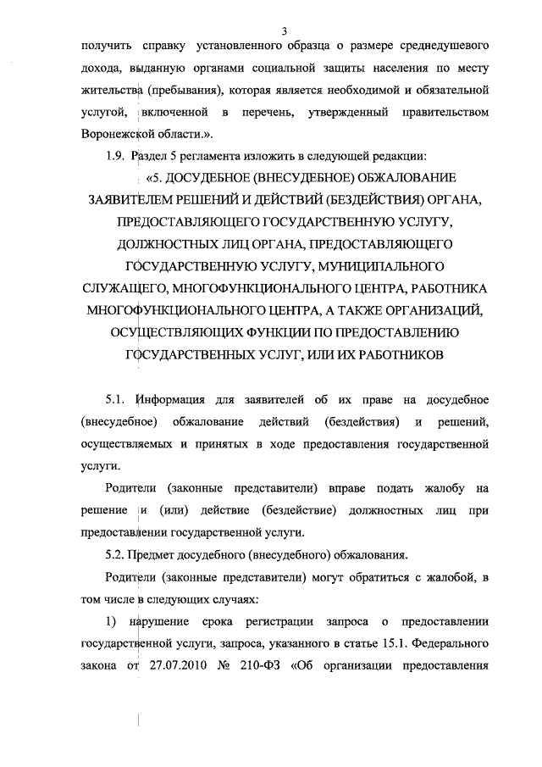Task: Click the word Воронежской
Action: [x=121, y=135]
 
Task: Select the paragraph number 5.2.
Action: [x=115, y=555]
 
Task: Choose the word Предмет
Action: [x=152, y=555]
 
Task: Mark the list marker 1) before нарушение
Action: [x=110, y=621]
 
